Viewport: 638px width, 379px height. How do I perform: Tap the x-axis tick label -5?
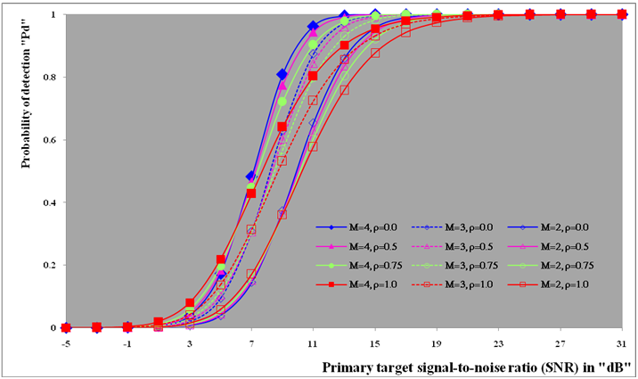pos(66,343)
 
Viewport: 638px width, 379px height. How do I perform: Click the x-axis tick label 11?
pos(313,343)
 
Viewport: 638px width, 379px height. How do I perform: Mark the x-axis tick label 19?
pos(437,343)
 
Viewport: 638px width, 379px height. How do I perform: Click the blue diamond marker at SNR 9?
pos(282,74)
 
